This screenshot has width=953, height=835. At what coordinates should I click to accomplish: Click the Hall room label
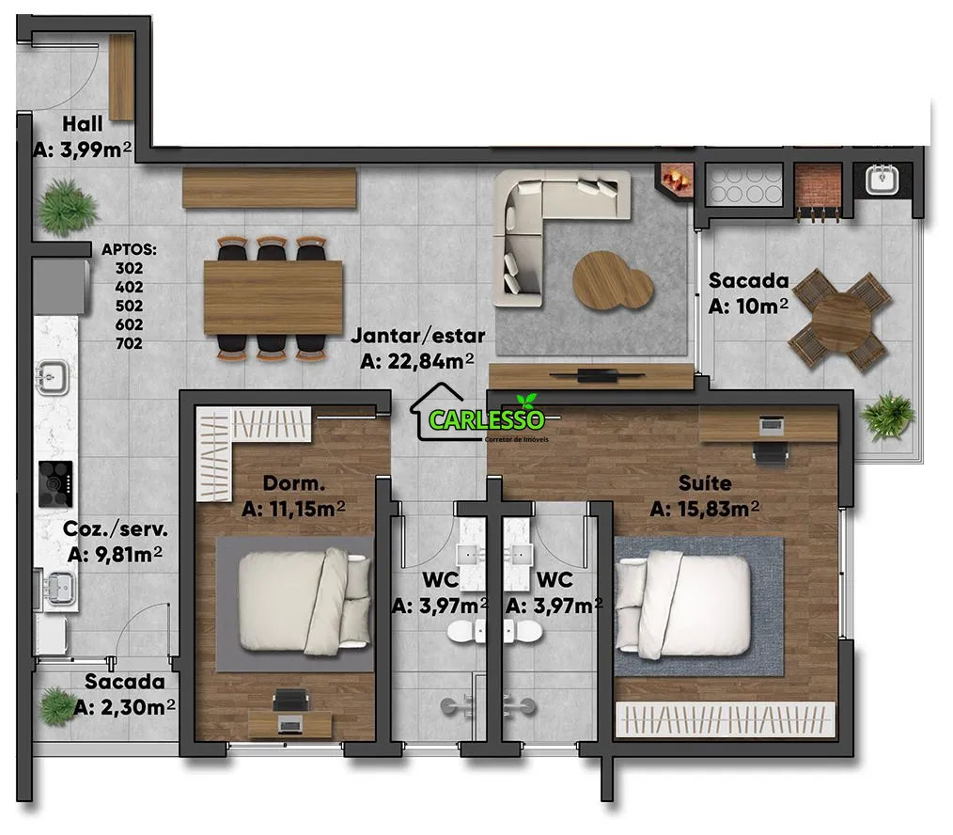click(x=82, y=124)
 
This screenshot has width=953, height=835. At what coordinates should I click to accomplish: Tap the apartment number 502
click(x=129, y=306)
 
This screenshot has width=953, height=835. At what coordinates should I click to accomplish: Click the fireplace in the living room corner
click(x=675, y=180)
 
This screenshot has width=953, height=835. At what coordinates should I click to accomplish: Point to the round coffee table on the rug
click(x=612, y=280)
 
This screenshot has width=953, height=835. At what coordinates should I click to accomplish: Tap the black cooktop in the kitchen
click(x=55, y=484)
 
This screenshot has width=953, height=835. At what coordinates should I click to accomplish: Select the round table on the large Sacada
click(x=840, y=320)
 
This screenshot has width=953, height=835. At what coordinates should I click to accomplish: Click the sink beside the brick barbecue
click(x=882, y=180)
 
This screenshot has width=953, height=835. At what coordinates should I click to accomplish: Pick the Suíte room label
click(x=705, y=483)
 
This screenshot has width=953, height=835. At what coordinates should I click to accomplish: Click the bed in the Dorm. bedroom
click(x=305, y=602)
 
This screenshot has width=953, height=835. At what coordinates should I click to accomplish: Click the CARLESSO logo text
click(x=486, y=419)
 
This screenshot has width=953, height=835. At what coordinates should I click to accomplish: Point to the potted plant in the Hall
click(x=67, y=207)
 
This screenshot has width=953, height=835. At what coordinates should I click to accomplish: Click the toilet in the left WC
click(x=467, y=632)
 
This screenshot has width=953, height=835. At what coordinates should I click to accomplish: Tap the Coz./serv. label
click(x=116, y=529)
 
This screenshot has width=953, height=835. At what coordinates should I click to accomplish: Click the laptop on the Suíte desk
click(x=772, y=425)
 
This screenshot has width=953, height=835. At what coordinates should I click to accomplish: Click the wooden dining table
click(x=273, y=297)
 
